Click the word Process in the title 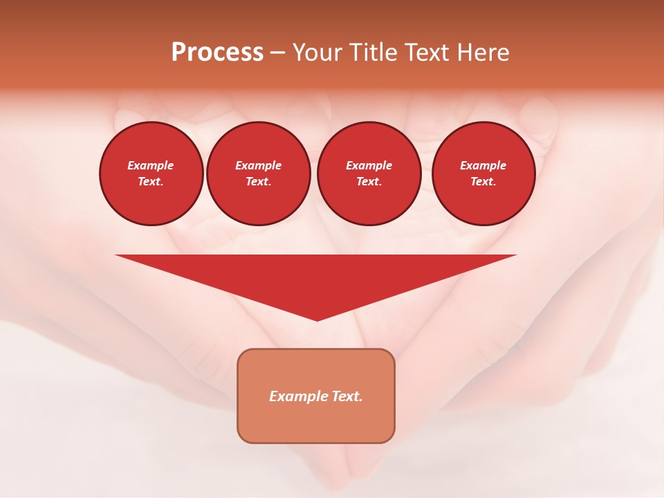[x=217, y=53]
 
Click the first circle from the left [x=151, y=174]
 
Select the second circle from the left [x=259, y=174]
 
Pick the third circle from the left [x=369, y=174]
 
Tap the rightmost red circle [x=483, y=174]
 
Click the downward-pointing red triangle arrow [x=316, y=277]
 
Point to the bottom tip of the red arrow [x=317, y=320]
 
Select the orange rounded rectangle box [x=316, y=396]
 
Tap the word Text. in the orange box [x=347, y=396]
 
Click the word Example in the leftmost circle [x=151, y=165]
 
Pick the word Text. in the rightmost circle [x=483, y=182]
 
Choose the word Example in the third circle [x=369, y=165]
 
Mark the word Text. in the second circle [x=259, y=182]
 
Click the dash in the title [x=277, y=53]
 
